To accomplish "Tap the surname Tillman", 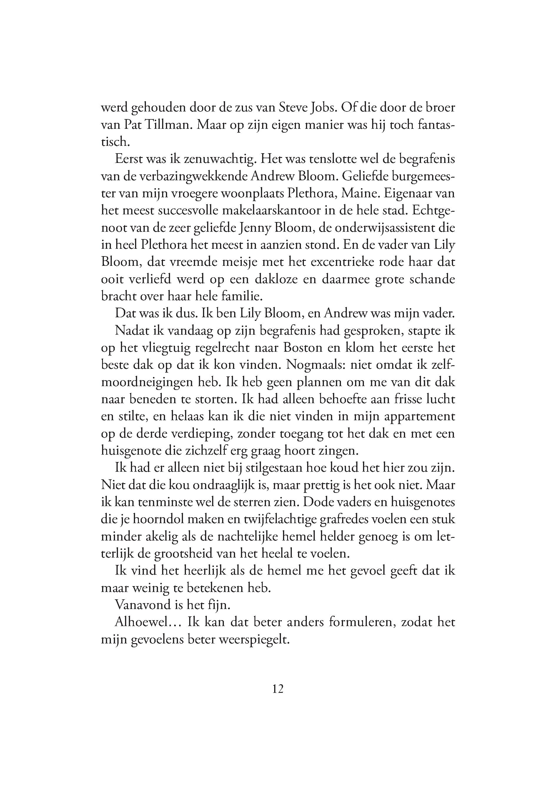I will click(165, 125).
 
